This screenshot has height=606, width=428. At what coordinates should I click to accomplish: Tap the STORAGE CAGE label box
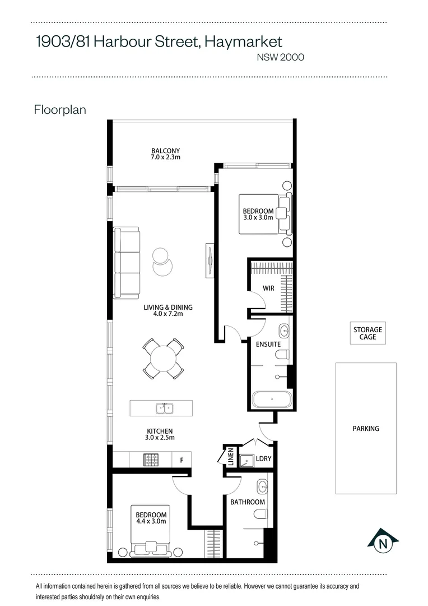(367, 333)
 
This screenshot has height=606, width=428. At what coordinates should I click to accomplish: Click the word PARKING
(366, 429)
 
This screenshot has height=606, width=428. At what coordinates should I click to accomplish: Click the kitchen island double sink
(164, 408)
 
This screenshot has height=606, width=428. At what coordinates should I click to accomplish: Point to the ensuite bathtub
(271, 400)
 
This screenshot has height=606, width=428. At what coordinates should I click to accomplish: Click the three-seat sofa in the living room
(127, 263)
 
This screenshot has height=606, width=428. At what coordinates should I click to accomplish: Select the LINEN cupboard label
(230, 457)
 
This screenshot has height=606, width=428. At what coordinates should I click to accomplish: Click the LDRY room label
(263, 459)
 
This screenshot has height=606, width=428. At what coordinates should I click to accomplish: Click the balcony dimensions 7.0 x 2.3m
(165, 158)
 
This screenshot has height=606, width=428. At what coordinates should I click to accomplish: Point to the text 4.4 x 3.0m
(151, 521)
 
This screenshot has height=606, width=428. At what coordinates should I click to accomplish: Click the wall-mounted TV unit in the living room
(210, 259)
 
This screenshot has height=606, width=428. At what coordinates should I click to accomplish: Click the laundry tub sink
(246, 460)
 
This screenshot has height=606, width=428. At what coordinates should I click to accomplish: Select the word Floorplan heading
(60, 109)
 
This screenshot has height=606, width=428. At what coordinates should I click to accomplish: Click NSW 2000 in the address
(280, 57)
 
